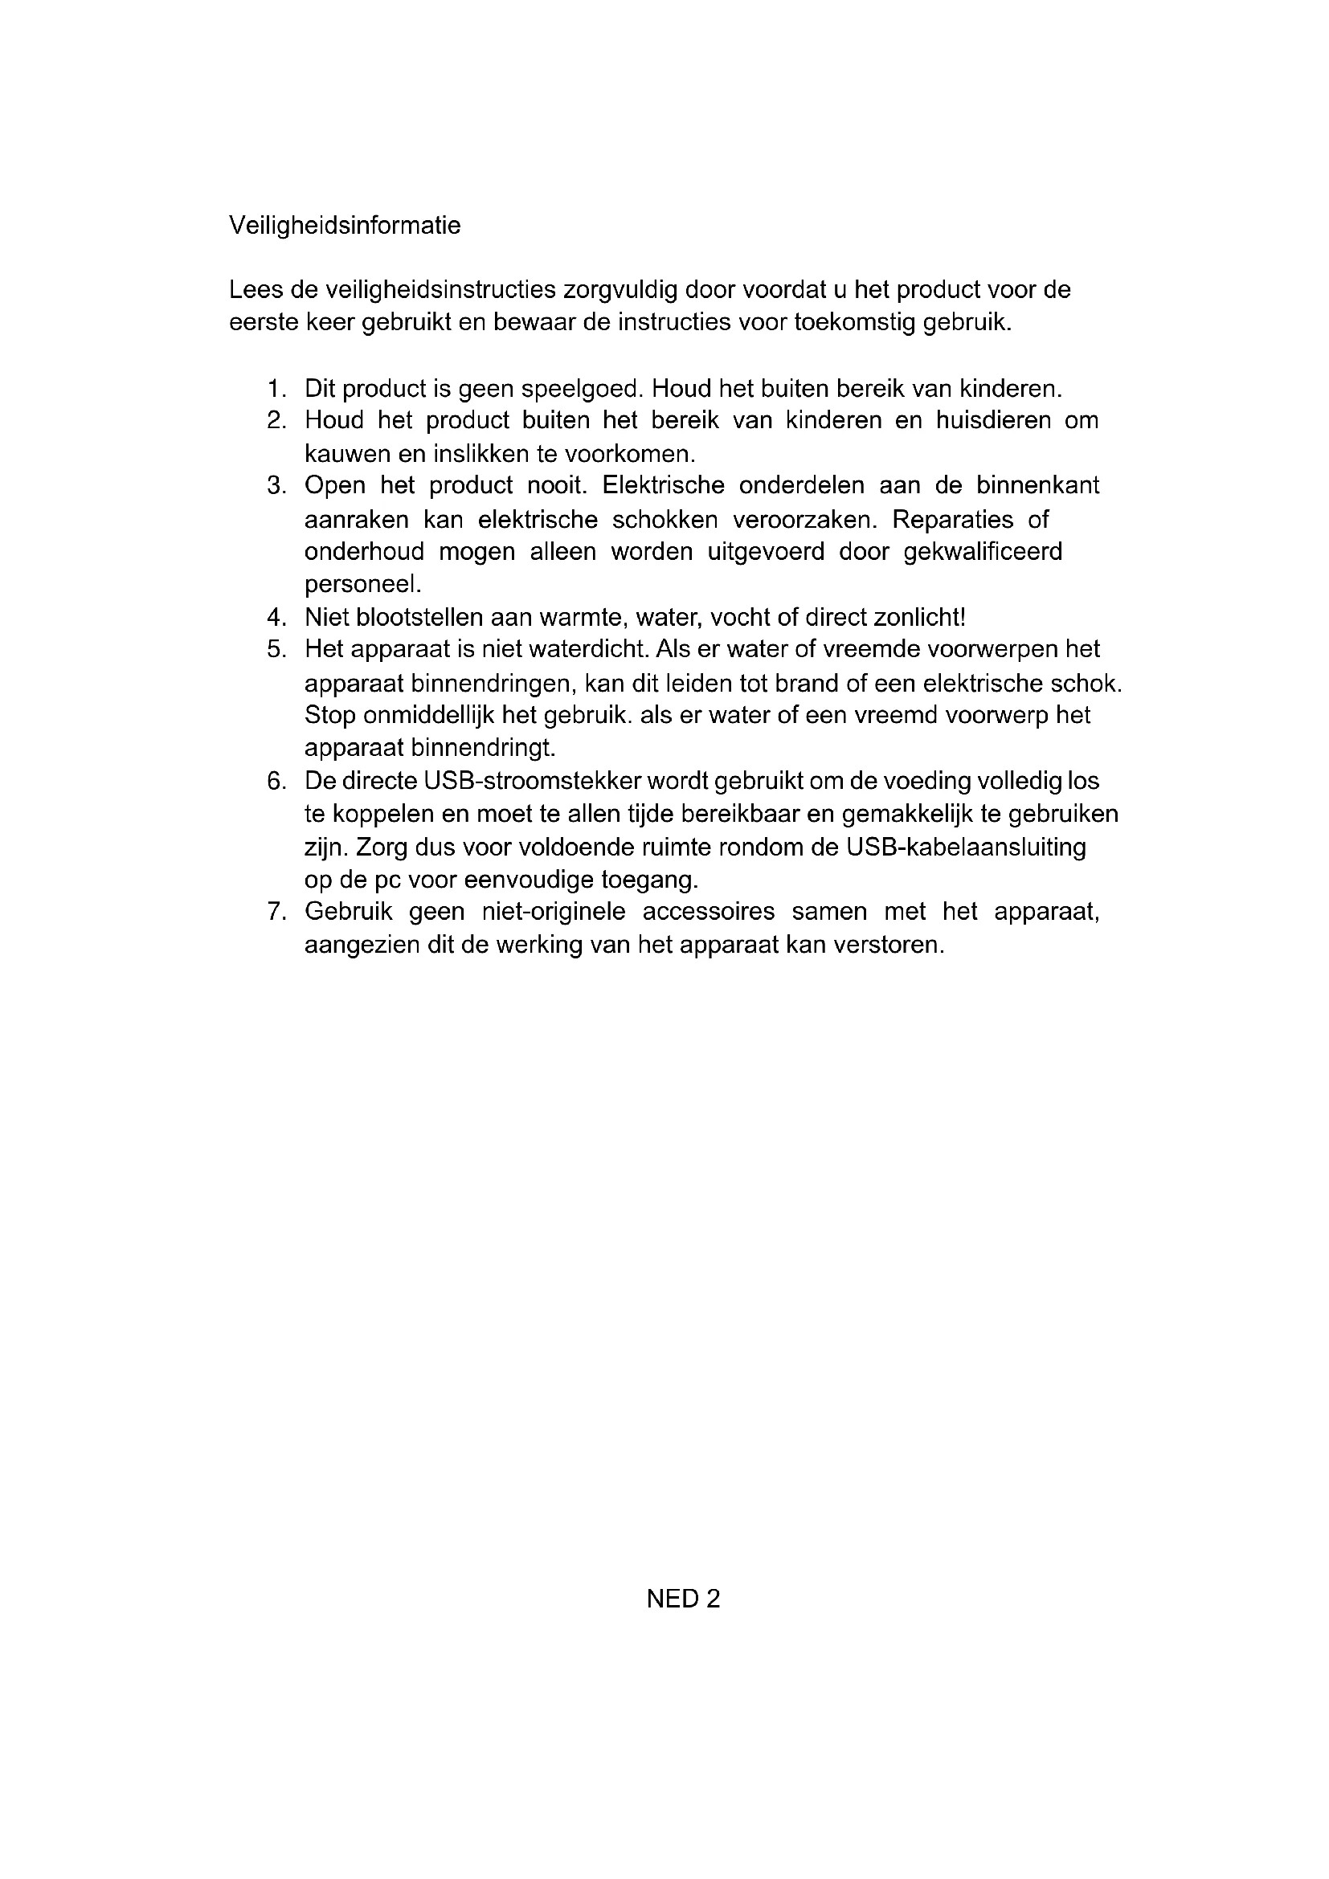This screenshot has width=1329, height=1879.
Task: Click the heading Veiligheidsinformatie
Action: tap(345, 225)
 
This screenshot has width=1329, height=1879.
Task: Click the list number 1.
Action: tap(276, 389)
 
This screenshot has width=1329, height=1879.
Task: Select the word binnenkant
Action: tap(1037, 486)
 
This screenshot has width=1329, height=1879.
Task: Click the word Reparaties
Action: tap(954, 520)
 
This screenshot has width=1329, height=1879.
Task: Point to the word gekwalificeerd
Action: tap(983, 553)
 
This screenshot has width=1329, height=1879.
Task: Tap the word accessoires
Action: tap(708, 912)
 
